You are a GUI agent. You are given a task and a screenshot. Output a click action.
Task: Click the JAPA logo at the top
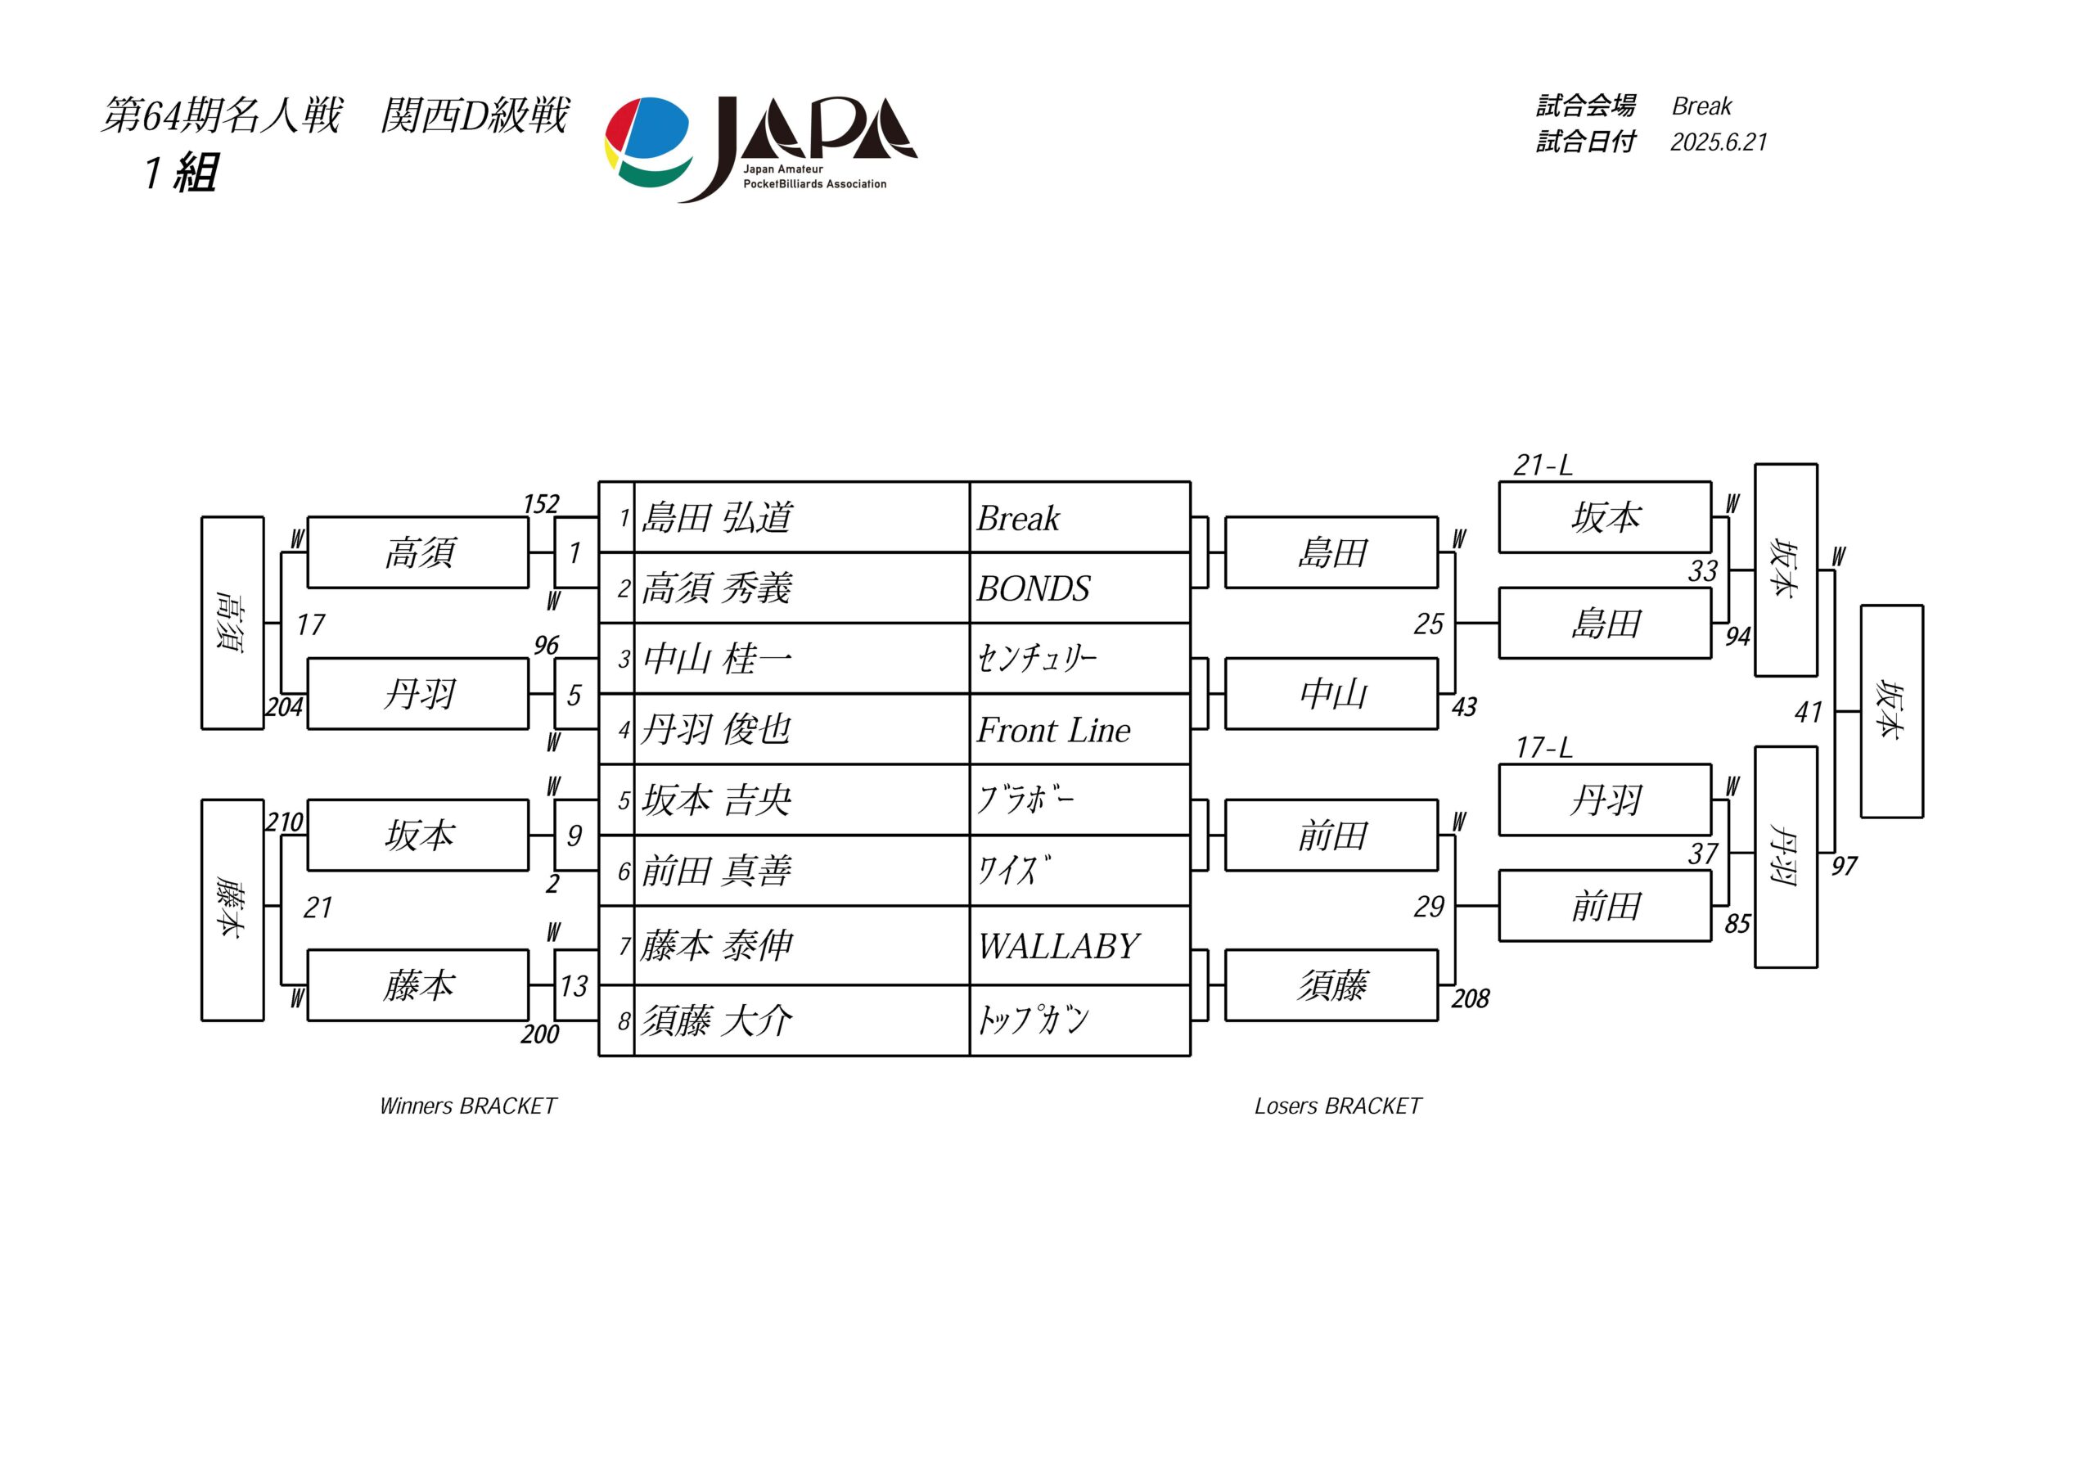click(761, 149)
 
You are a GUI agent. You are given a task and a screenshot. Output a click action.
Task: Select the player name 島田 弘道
click(717, 517)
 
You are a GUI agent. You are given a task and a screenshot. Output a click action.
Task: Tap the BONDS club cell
click(1079, 588)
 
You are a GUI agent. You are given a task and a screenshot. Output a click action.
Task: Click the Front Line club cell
click(1079, 730)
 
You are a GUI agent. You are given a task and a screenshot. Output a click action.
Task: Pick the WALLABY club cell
click(1079, 946)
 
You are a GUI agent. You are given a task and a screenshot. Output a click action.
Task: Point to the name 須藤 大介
click(717, 1020)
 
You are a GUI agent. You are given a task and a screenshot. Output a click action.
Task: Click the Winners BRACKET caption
click(468, 1106)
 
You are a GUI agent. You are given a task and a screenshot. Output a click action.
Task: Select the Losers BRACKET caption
click(1338, 1106)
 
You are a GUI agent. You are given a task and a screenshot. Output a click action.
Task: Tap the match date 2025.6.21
click(1719, 142)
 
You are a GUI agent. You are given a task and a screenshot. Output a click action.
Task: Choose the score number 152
click(541, 504)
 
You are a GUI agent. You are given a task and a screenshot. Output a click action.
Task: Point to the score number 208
click(1470, 998)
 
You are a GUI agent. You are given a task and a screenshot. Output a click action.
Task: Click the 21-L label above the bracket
click(1543, 466)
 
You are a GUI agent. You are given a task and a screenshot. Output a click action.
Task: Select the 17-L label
click(1544, 748)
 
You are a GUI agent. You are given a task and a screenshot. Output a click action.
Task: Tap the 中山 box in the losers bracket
click(1331, 695)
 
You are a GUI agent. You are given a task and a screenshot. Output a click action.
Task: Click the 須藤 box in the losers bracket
click(1331, 985)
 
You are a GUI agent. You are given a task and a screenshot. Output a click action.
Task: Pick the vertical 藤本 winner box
click(232, 910)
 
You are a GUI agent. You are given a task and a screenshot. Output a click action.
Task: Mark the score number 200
click(540, 1034)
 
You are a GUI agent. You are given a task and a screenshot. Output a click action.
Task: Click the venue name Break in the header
click(1701, 106)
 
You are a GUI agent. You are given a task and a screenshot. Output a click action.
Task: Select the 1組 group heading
click(181, 173)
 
